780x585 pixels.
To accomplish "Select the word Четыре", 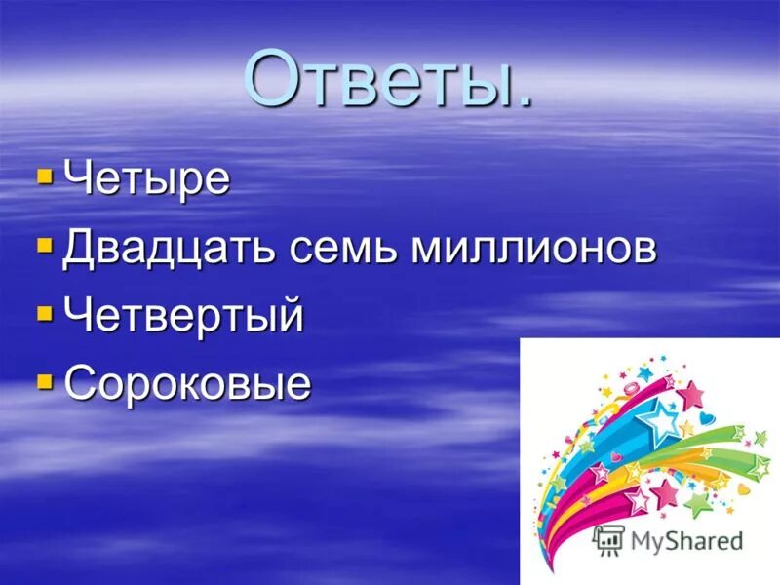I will coord(146,179).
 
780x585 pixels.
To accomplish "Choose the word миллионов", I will coord(531,249).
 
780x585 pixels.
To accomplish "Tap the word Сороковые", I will coord(187,383).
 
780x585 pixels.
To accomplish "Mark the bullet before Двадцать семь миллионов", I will coord(44,246).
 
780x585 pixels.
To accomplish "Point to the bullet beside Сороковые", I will coord(44,381).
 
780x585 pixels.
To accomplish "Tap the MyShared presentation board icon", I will coord(608,539).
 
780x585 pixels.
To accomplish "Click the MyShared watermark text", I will coord(686,540).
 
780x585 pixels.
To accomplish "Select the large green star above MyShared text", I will coord(698,503).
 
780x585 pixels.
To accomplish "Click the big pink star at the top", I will coord(690,394).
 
